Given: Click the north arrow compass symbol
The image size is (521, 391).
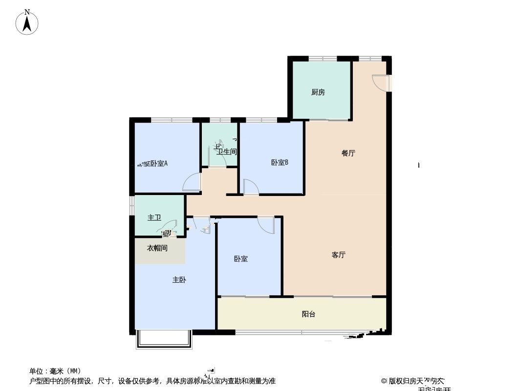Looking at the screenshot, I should click(27, 22).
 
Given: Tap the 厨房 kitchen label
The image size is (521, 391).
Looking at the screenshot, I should click(318, 92).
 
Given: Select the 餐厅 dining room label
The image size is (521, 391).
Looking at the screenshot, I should click(348, 153).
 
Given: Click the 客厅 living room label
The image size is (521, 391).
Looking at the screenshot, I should click(338, 255).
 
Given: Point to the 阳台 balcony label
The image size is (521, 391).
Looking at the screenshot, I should click(308, 314).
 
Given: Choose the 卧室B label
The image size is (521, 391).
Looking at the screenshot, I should click(280, 163).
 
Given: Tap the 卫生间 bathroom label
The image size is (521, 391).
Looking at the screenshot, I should click(227, 152).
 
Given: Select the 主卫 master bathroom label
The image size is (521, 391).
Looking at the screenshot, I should click(154, 217).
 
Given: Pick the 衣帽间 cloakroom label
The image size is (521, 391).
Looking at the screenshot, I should click(157, 248).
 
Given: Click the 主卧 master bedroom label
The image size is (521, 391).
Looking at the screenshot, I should click(179, 280).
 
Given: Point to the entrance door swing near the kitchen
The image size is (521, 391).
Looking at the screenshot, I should click(380, 82).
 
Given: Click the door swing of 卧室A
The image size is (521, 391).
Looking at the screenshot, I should click(192, 183).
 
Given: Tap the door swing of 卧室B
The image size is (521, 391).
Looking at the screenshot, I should click(251, 187).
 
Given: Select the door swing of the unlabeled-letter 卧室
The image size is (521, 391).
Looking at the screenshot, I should click(266, 225).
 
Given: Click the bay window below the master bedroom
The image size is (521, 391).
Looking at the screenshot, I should click(164, 340).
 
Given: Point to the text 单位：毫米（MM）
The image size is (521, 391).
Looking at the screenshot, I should click(55, 371).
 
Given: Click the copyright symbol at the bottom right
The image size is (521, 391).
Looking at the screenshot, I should click(384, 380).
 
